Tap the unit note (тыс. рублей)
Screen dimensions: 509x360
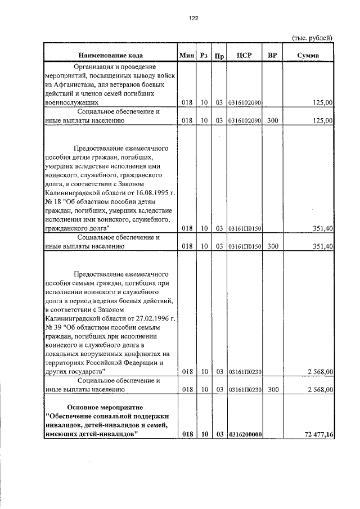(312, 38)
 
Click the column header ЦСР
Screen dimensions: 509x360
(244, 55)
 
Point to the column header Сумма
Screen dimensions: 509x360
(308, 55)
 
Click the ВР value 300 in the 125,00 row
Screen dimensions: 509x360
(273, 120)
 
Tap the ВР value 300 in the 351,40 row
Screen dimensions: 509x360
(273, 246)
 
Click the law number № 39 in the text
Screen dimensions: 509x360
(53, 327)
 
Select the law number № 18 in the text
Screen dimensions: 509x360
(53, 201)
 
